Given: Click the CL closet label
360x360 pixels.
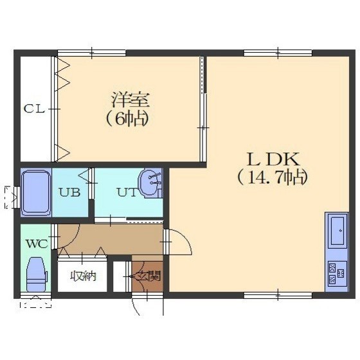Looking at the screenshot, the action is [34, 109].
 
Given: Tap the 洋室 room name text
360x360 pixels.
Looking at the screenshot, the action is [130, 100].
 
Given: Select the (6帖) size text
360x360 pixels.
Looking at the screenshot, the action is [127, 119].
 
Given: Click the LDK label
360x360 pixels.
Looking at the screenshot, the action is [273, 159].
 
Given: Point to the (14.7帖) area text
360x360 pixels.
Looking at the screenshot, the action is [273, 178].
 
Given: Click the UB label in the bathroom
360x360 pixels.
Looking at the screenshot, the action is [69, 192].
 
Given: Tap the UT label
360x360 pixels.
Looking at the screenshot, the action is [127, 192].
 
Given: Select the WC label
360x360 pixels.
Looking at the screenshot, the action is [37, 244].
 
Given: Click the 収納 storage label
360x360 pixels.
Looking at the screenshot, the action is [83, 276].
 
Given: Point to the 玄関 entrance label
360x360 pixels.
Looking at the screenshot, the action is [147, 276].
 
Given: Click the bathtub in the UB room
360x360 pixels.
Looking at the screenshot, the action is [36, 193].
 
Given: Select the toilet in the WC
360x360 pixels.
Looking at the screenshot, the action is [37, 274].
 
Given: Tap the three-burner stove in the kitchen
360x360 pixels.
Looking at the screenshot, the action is [337, 273].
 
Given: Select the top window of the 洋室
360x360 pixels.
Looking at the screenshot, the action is [91, 53].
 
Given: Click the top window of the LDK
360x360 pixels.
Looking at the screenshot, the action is [278, 53].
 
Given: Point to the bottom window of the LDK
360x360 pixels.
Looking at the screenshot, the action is [278, 295].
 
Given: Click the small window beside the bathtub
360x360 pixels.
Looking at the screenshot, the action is [17, 198].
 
